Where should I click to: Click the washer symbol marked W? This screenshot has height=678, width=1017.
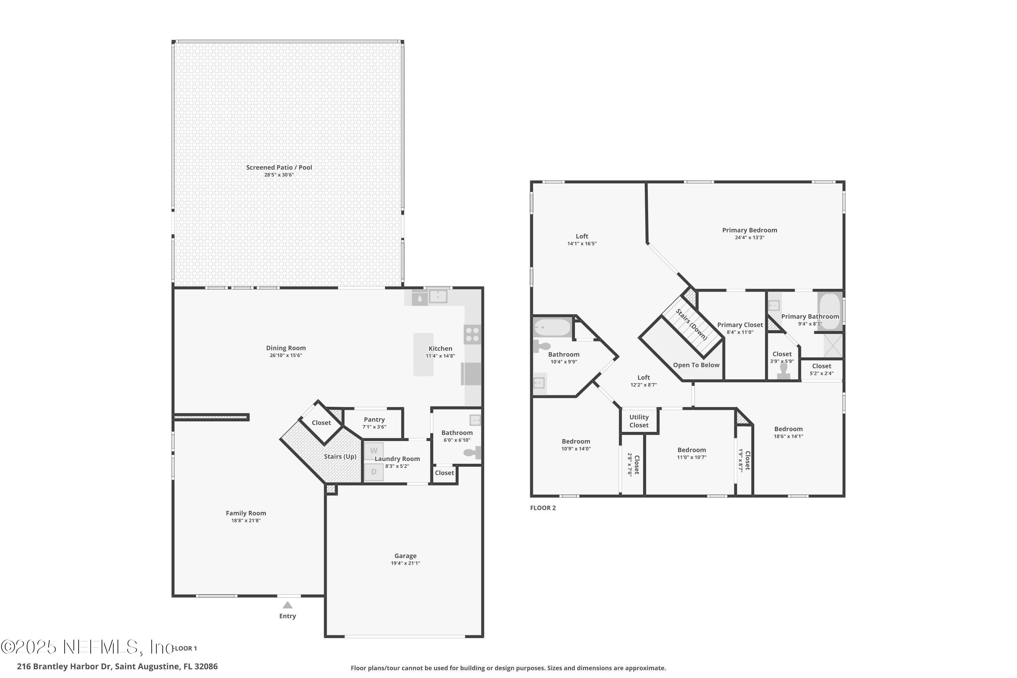374,451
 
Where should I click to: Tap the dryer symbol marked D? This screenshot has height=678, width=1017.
374,472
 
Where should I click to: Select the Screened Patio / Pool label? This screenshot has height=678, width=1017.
279,167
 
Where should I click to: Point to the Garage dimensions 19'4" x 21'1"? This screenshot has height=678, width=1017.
405,563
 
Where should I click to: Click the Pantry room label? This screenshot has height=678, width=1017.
374,419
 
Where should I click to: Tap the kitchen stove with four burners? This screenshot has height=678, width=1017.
472,334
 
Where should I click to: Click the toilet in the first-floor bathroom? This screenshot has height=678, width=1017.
472,453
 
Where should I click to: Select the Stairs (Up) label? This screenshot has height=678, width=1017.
340,457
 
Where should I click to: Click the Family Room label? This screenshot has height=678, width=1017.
245,513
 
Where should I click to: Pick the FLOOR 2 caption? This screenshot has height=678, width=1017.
543,507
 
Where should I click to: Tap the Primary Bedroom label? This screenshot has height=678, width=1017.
749,230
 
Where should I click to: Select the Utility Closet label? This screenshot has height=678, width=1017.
639,421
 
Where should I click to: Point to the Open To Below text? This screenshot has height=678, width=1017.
696,365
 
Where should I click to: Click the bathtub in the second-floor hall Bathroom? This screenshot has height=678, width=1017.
552,327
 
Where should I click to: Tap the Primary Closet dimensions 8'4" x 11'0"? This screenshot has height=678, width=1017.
740,332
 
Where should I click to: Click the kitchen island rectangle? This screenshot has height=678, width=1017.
423,354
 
